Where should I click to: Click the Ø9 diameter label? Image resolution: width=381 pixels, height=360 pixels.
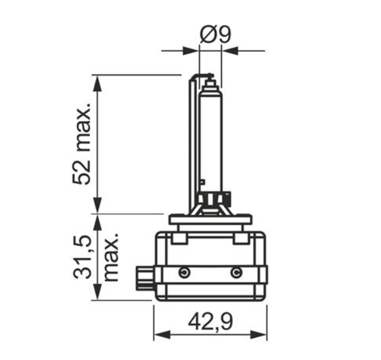point(215,34)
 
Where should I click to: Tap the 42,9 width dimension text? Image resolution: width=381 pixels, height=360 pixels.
point(210,322)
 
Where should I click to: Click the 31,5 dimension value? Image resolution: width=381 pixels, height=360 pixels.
point(82,257)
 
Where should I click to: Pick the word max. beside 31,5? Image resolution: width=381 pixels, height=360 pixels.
point(111,257)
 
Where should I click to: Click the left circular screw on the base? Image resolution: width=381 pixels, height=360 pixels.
point(184,272)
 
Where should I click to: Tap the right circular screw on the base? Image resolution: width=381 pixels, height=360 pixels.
point(236,272)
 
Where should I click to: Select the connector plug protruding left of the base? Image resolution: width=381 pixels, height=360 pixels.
point(146,278)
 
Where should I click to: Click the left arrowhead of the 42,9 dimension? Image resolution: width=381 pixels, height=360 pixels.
point(162,334)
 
